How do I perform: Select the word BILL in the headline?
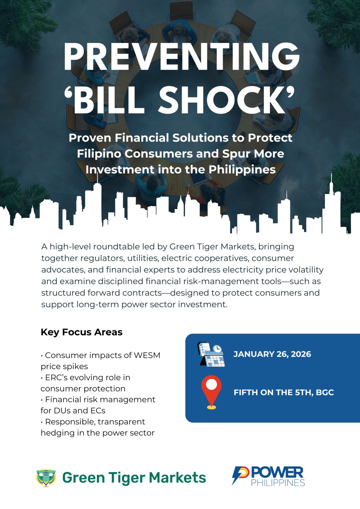108,99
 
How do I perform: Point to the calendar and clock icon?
211,354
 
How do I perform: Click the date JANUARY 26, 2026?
272,354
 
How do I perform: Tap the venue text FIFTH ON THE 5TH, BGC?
284,393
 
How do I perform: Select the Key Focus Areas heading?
81,332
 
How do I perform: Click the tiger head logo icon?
46,478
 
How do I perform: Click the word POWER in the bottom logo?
277,473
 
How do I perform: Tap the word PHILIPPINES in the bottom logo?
278,483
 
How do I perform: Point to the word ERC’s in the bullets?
56,377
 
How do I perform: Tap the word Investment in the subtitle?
120,170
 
